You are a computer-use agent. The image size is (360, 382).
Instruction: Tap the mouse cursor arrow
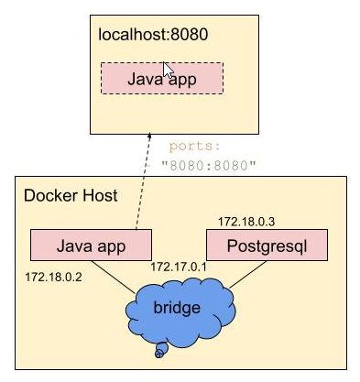point(168,71)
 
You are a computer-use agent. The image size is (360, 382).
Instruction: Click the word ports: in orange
point(195,147)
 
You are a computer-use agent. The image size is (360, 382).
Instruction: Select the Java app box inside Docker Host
point(90,246)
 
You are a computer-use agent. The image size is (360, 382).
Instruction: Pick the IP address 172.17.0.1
point(179,266)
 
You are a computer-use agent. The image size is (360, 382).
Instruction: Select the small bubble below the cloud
point(161,348)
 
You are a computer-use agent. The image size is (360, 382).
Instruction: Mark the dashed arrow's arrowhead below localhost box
point(148,138)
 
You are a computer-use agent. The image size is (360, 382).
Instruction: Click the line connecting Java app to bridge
point(115,278)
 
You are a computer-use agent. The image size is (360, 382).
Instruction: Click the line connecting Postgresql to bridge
point(238,278)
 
